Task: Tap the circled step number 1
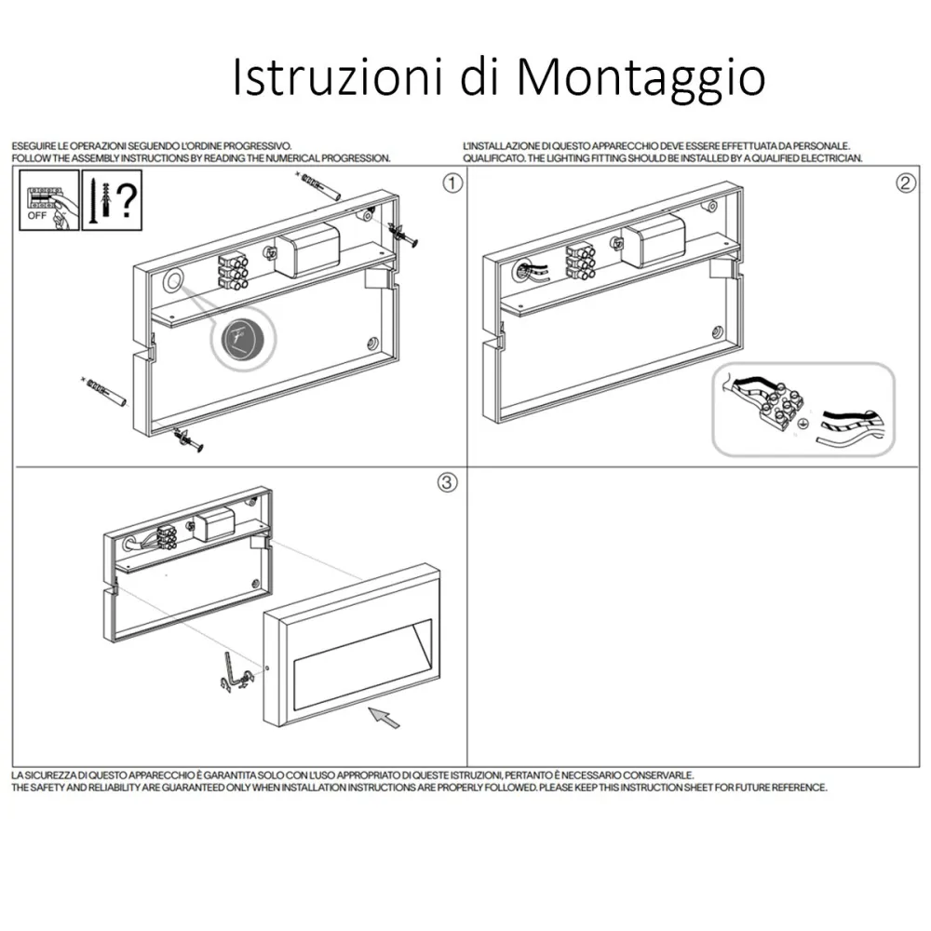point(452,183)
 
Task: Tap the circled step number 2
point(906,182)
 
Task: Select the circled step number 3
point(447,482)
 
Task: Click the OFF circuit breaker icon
point(48,200)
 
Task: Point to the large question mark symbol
point(126,201)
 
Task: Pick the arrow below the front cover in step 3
point(384,717)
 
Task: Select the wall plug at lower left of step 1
point(104,391)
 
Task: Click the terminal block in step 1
point(233,270)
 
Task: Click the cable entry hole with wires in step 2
point(525,272)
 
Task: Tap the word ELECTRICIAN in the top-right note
point(831,158)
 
